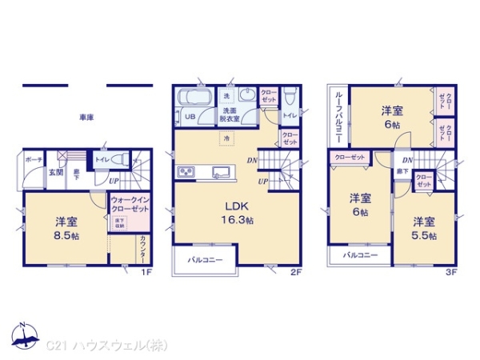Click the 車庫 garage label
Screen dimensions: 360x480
tap(86, 118)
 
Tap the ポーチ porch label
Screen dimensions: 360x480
tap(33, 160)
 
